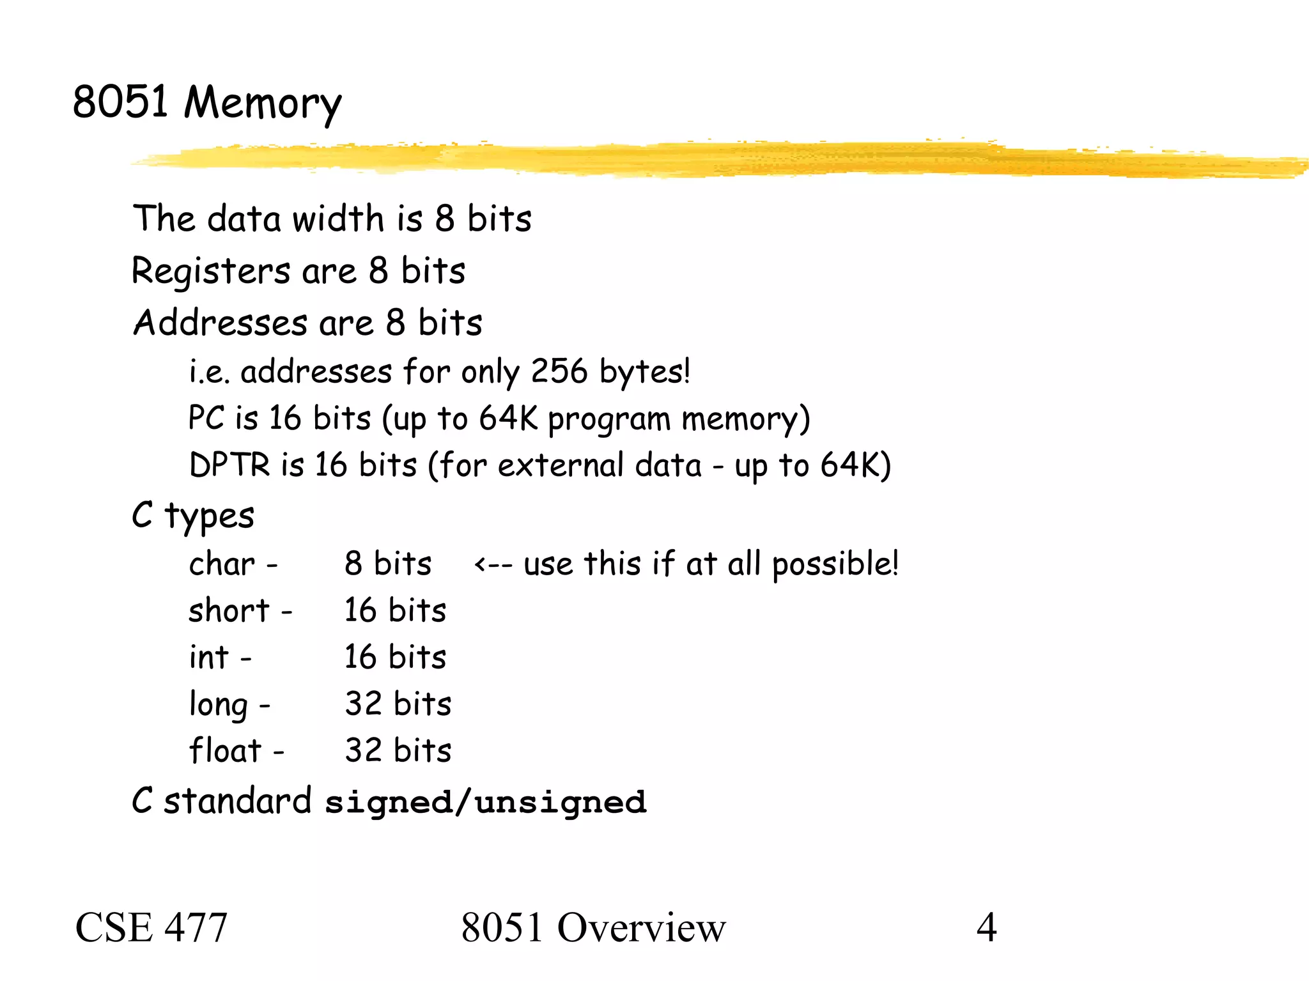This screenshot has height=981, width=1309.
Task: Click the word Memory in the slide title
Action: point(263,103)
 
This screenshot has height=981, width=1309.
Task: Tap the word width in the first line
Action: point(338,219)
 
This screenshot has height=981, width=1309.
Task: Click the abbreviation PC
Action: point(206,419)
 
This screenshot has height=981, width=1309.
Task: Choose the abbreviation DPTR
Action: point(229,465)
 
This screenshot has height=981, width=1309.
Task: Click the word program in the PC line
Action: point(609,420)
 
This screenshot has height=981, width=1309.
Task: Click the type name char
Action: point(222,564)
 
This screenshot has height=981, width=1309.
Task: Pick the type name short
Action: point(229,611)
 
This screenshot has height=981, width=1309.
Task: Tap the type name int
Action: point(208,658)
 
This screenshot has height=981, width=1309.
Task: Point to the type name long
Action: point(218,705)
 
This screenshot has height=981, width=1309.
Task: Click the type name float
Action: point(225,751)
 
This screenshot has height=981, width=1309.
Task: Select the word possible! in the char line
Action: point(835,564)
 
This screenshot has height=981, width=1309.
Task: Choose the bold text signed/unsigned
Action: point(486,803)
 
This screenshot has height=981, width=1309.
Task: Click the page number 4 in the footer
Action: point(986,927)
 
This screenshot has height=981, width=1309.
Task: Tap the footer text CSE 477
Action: point(151,927)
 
